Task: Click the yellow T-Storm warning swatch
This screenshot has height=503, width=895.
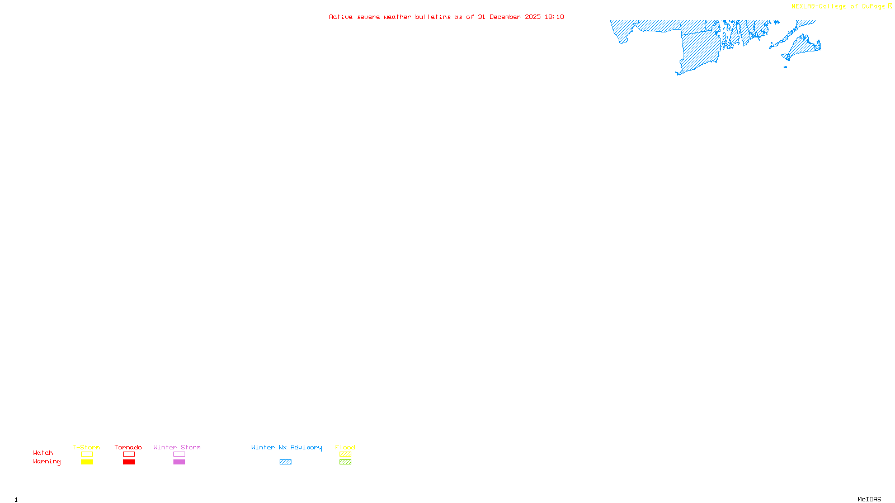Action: [x=87, y=462]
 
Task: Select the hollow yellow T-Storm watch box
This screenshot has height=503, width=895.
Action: [x=87, y=454]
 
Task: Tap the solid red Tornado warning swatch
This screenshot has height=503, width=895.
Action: [x=129, y=462]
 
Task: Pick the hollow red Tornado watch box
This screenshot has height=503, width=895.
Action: [x=129, y=454]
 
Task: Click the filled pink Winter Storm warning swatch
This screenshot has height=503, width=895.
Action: [x=179, y=462]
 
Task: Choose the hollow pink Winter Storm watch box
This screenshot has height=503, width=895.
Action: [x=179, y=454]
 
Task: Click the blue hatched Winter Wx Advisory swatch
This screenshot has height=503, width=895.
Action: [x=285, y=462]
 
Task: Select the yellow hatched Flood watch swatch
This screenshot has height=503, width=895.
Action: [x=345, y=454]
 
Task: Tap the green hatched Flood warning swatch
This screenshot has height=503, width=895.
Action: [x=345, y=462]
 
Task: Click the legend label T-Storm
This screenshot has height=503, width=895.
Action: [x=86, y=447]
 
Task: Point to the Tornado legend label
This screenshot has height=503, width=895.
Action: [x=128, y=447]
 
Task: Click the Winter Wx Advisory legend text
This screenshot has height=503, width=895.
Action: [x=286, y=447]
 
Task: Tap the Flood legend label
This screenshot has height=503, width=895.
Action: [x=345, y=447]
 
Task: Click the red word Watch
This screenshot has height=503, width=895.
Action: [x=43, y=453]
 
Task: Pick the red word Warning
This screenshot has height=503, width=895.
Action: [x=47, y=462]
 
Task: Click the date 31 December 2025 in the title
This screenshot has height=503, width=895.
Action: [x=509, y=17]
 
